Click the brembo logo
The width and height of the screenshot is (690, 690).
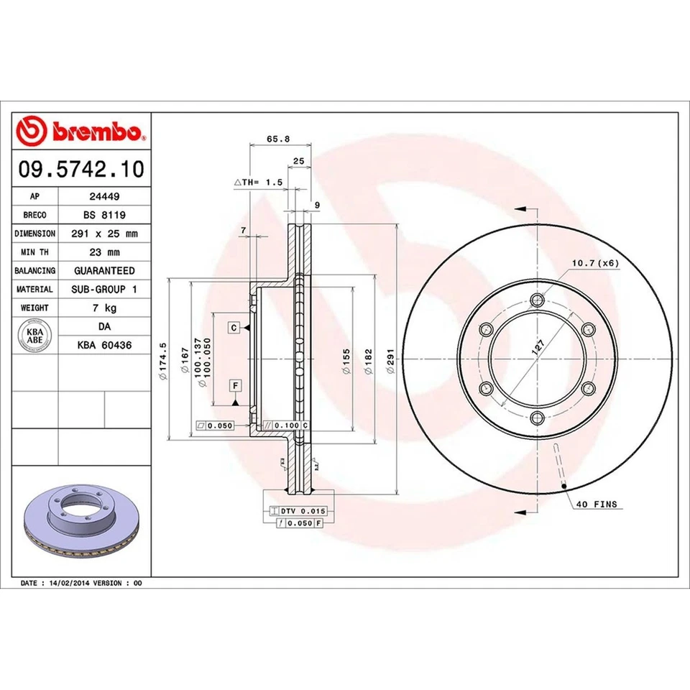point(81,132)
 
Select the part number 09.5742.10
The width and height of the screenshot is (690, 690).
point(81,170)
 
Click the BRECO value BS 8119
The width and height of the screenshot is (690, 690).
point(104,215)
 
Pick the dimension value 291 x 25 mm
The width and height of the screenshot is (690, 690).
point(104,234)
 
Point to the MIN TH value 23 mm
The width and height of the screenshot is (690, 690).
point(104,252)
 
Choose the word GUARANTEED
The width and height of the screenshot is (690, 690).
point(104,271)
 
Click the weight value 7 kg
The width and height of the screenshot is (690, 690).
point(104,308)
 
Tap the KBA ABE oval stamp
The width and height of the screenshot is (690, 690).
point(35,336)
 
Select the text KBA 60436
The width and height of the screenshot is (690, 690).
point(104,345)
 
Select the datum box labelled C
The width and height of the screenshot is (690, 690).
point(234,328)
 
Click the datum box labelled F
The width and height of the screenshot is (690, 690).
point(234,386)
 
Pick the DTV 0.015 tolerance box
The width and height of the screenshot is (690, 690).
point(298,510)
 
